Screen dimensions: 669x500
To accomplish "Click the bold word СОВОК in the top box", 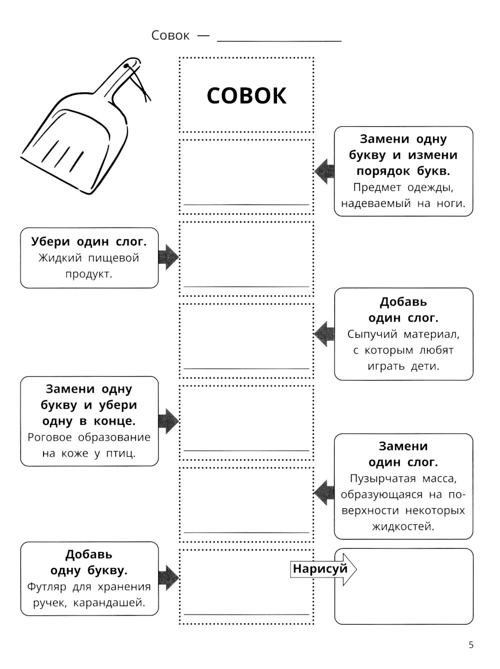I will pyautogui.click(x=246, y=95).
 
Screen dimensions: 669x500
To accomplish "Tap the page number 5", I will pyautogui.click(x=471, y=645).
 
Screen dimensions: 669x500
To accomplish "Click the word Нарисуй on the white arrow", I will pyautogui.click(x=320, y=569).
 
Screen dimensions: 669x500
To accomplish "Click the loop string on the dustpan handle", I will pyautogui.click(x=139, y=80).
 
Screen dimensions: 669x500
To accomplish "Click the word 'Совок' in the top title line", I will pyautogui.click(x=170, y=35).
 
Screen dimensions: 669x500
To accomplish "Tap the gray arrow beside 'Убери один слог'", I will pyautogui.click(x=168, y=257).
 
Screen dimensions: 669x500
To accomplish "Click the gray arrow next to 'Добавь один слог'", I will pyautogui.click(x=324, y=334).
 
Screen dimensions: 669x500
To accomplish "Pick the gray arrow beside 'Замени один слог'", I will pyautogui.click(x=324, y=493).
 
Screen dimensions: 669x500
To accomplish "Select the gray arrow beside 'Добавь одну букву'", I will pyautogui.click(x=168, y=578).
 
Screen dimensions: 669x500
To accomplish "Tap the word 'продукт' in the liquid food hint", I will pyautogui.click(x=88, y=274).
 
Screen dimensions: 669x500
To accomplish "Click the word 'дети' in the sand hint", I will pyautogui.click(x=424, y=366).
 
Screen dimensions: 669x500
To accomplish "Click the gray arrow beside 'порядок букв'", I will pyautogui.click(x=324, y=171).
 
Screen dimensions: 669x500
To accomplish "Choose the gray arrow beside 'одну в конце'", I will pyautogui.click(x=168, y=421).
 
